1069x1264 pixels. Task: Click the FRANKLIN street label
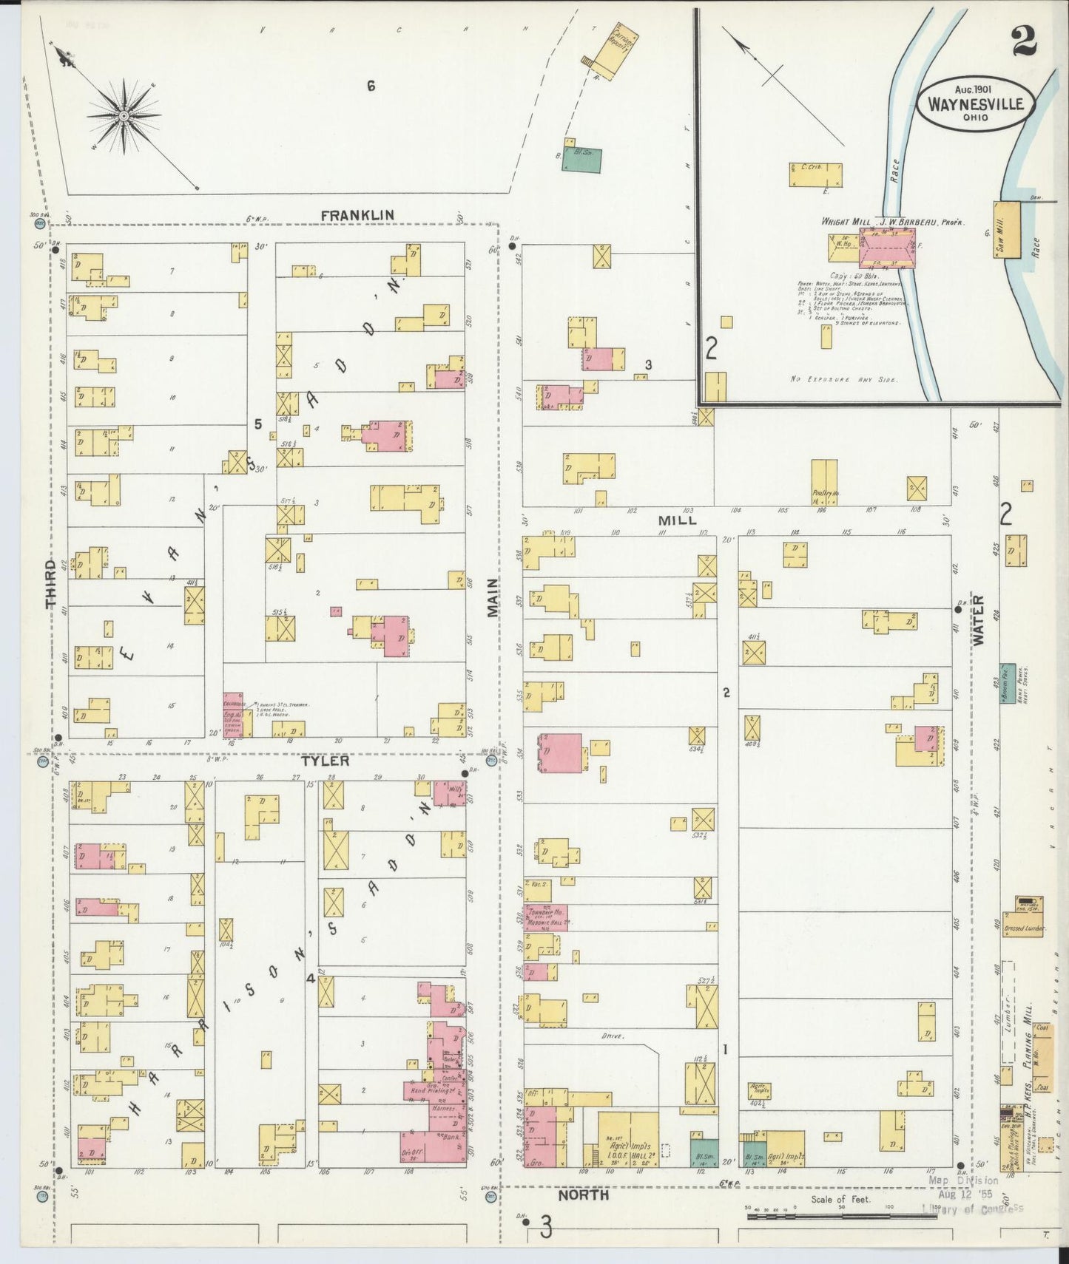tap(357, 214)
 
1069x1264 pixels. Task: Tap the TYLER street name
tap(325, 761)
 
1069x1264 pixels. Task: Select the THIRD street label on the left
tap(51, 585)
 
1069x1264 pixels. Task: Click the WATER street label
tap(979, 621)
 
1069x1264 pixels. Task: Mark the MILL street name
tap(677, 520)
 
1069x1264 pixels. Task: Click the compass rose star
tap(124, 116)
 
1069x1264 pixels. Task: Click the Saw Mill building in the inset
tap(1007, 229)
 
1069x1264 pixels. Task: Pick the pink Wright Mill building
tap(887, 248)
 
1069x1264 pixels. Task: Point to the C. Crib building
tap(815, 174)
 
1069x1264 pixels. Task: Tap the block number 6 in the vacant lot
tap(371, 86)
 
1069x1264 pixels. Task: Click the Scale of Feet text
tap(840, 1200)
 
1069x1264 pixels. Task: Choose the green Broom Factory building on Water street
tap(1008, 682)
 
